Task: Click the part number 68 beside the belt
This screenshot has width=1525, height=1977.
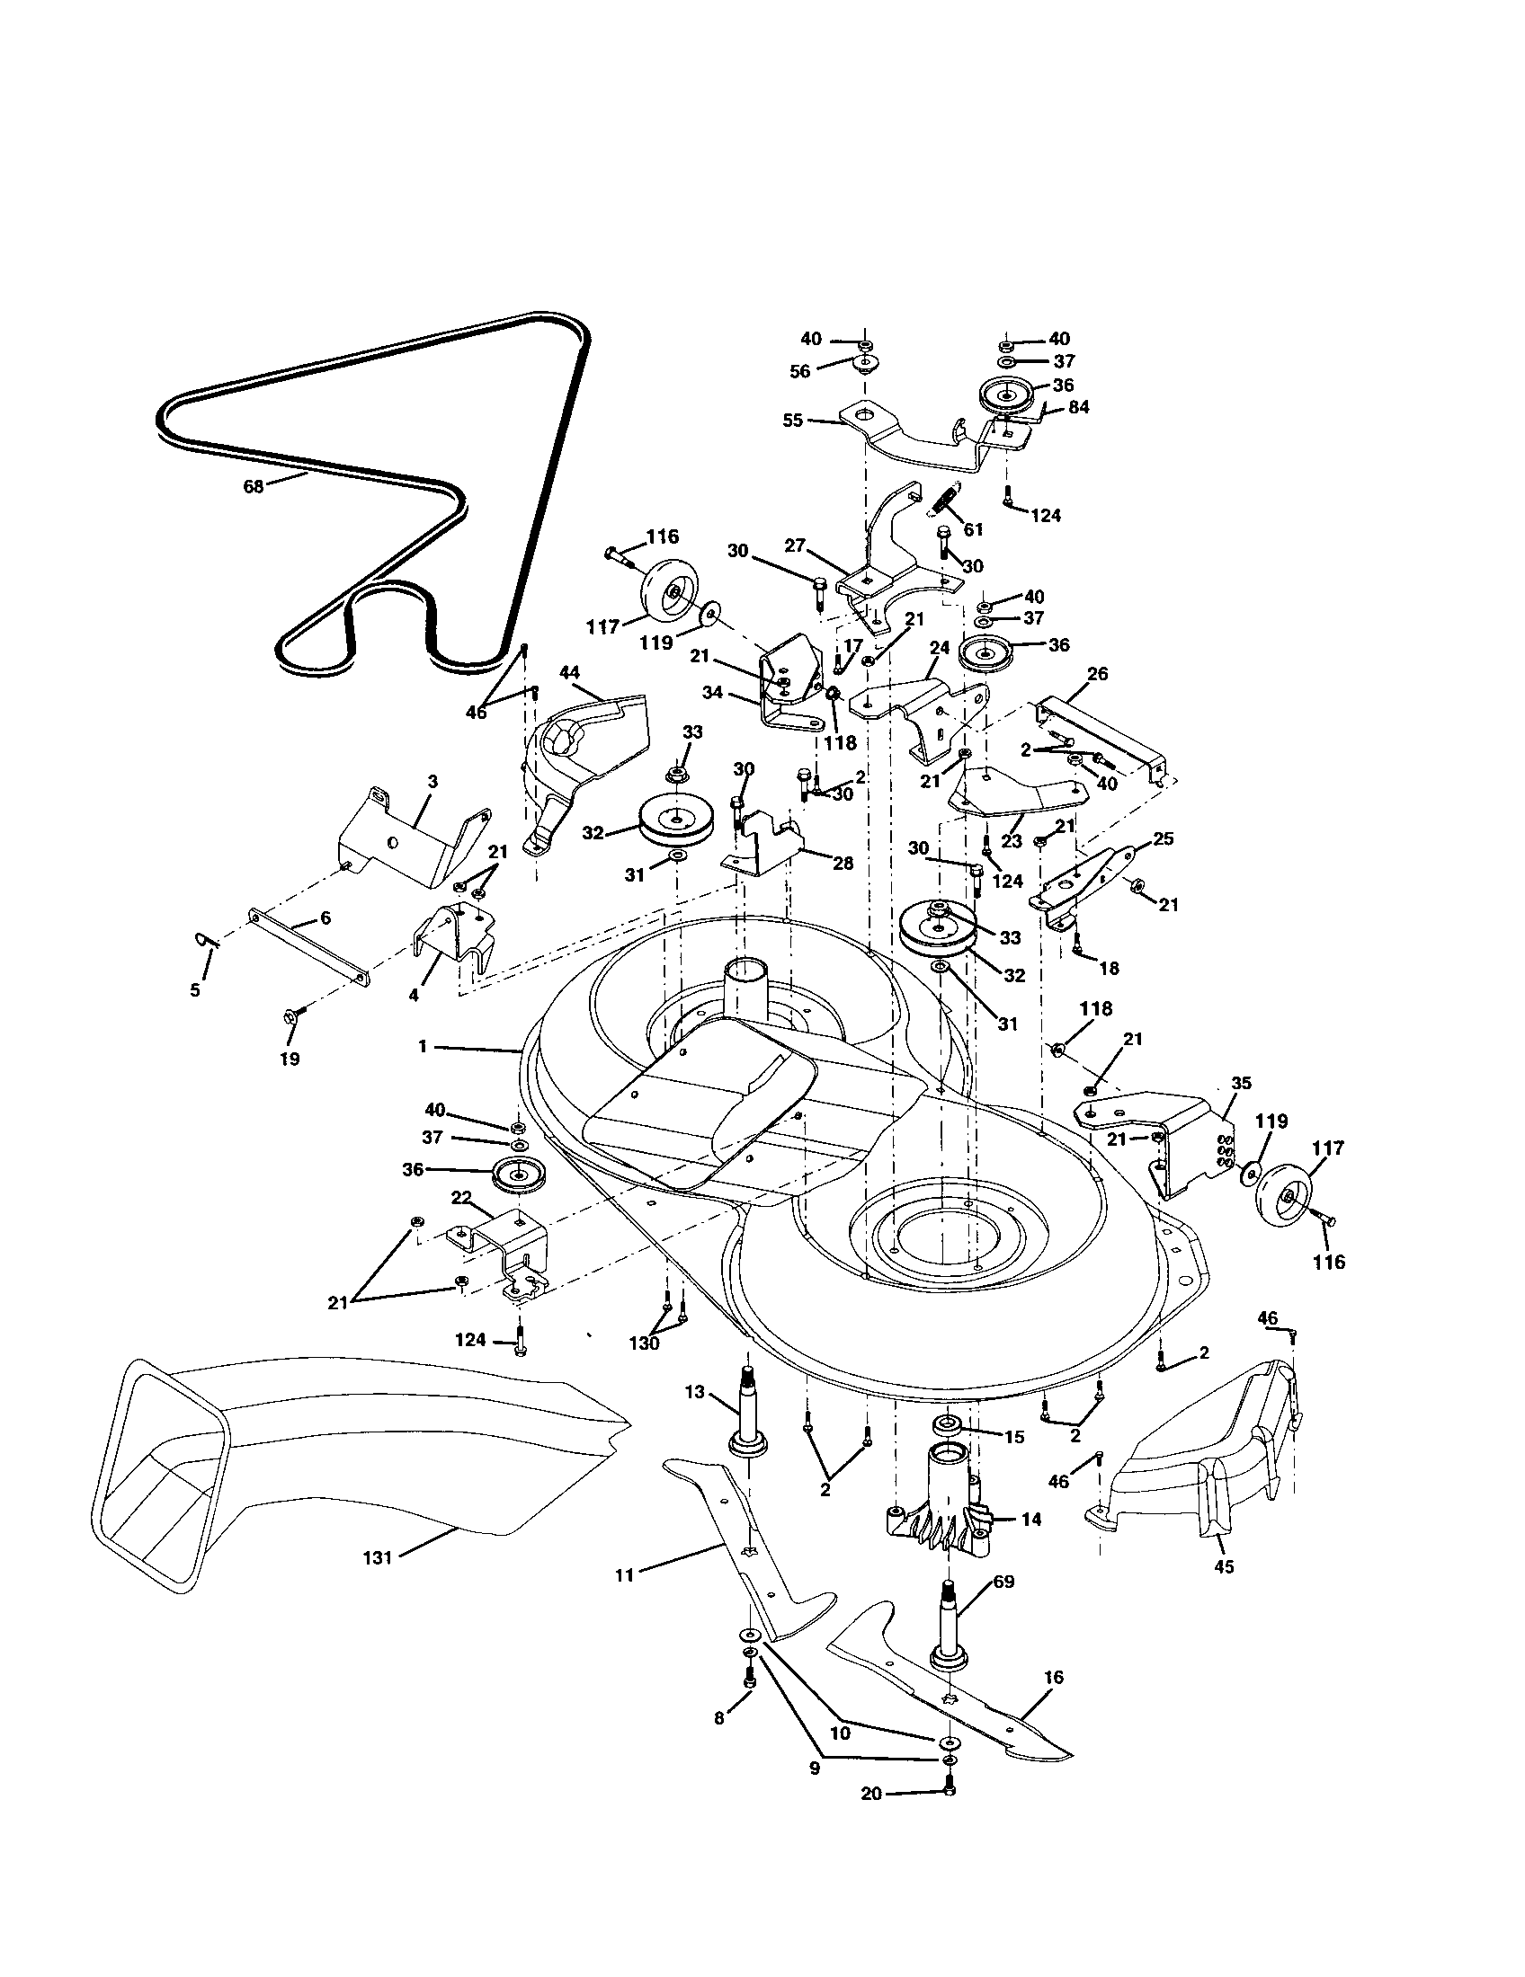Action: pyautogui.click(x=253, y=486)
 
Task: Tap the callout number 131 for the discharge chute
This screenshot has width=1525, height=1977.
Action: pyautogui.click(x=377, y=1558)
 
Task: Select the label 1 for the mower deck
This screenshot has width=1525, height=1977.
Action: pyautogui.click(x=422, y=1046)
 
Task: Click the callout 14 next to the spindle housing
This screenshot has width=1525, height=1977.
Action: pyautogui.click(x=1030, y=1519)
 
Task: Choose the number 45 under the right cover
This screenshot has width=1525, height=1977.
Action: pyautogui.click(x=1224, y=1567)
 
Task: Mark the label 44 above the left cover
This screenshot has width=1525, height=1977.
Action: pyautogui.click(x=569, y=671)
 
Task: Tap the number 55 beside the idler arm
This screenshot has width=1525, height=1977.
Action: pyautogui.click(x=792, y=421)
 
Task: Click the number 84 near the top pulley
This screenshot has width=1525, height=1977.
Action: pyautogui.click(x=1078, y=407)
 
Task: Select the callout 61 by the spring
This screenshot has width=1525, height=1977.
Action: pyautogui.click(x=974, y=528)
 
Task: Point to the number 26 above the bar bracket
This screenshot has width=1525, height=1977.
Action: pyautogui.click(x=1098, y=674)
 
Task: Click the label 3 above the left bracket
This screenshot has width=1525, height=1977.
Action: pyautogui.click(x=433, y=780)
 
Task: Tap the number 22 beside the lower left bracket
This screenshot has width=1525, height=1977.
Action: pyautogui.click(x=461, y=1197)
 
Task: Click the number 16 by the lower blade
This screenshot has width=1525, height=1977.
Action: pyautogui.click(x=1053, y=1678)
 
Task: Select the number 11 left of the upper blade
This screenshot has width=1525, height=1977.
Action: pyautogui.click(x=624, y=1574)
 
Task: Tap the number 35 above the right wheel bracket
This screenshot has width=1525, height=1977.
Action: pyautogui.click(x=1241, y=1083)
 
